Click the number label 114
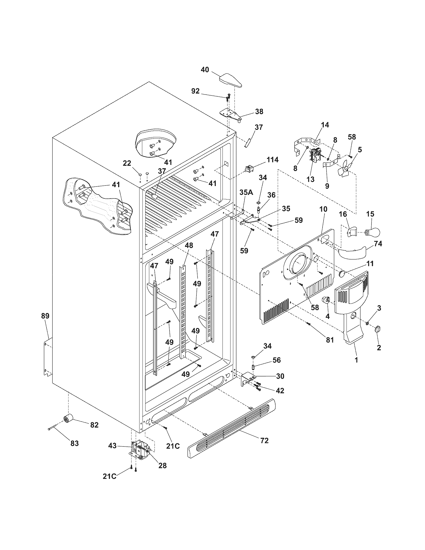click(x=273, y=159)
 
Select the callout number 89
click(x=45, y=316)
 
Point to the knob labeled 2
click(x=378, y=329)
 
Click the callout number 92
click(x=195, y=91)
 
